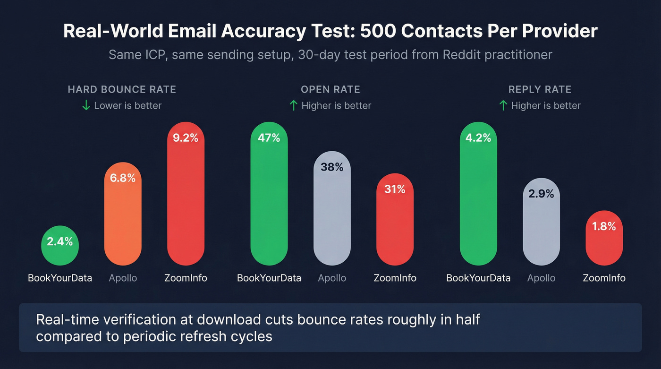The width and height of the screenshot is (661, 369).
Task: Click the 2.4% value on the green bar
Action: pos(60,242)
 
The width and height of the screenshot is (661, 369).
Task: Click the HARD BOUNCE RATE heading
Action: pos(122,89)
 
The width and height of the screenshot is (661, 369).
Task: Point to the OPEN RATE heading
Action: pos(330,89)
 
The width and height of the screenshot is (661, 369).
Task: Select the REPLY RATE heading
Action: pos(540,89)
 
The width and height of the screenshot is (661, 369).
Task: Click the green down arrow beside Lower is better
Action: pos(86,105)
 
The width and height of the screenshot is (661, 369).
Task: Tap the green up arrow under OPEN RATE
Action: pos(294,105)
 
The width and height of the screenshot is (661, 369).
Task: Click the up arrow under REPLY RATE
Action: pos(503,105)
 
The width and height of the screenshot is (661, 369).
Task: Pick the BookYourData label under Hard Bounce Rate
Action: pos(60,278)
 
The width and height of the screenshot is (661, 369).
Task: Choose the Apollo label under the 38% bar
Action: pos(332,278)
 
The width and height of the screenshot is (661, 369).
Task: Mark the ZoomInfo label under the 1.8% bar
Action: pos(604,278)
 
